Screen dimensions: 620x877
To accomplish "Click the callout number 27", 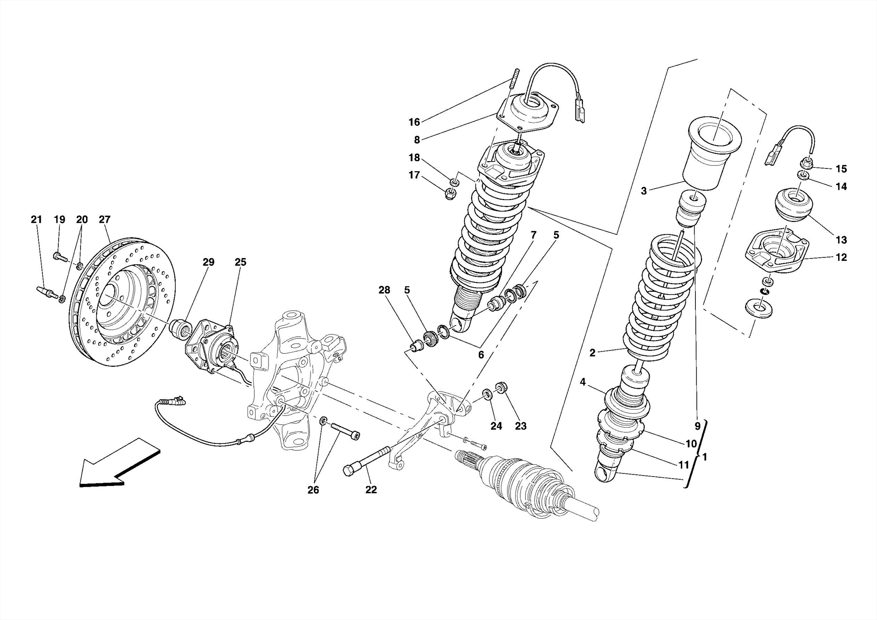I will pyautogui.click(x=104, y=220).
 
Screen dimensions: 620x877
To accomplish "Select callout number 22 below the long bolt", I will pyautogui.click(x=371, y=490).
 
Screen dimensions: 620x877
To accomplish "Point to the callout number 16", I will pyautogui.click(x=414, y=123).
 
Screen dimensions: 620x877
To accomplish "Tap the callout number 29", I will pyautogui.click(x=208, y=262).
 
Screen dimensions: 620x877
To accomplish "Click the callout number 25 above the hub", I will pyautogui.click(x=240, y=262).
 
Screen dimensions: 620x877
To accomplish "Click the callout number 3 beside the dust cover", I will pyautogui.click(x=644, y=191).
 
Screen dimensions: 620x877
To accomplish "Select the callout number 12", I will pyautogui.click(x=841, y=258).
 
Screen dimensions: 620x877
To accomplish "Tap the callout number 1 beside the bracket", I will pyautogui.click(x=705, y=457).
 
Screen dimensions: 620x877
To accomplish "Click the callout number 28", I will pyautogui.click(x=384, y=290).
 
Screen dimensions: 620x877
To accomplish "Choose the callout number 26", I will pyautogui.click(x=313, y=490).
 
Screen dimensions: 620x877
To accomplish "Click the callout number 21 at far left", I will pyautogui.click(x=36, y=220).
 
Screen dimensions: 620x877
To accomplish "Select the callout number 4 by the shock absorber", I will pyautogui.click(x=583, y=382).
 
